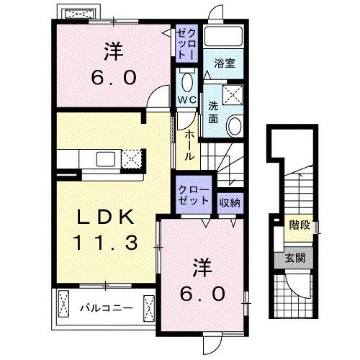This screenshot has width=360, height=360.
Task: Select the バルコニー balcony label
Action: click(105, 309)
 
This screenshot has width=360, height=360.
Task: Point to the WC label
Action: click(187, 100)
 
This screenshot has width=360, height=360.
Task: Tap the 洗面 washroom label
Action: click(214, 112)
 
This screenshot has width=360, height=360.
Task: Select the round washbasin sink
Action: click(235, 127)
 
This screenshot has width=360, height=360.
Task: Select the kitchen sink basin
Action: click(102, 158)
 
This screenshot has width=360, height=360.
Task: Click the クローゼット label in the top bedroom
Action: click(186, 42)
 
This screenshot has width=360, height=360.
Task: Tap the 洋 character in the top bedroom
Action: click(112, 53)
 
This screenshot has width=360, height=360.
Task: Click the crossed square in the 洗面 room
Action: click(233, 93)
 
